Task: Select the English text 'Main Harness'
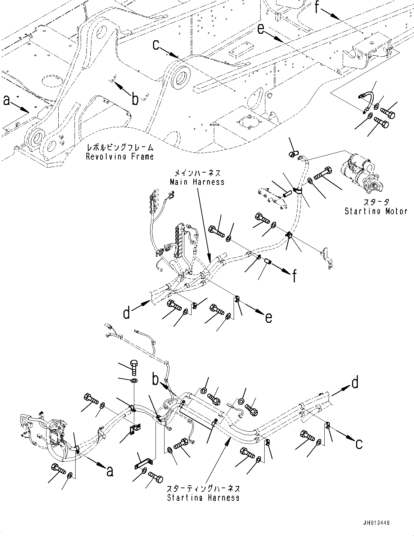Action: pos(197,182)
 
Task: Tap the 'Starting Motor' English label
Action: pos(376,211)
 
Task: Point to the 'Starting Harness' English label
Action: pos(203,498)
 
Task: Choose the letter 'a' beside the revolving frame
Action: pos(7,101)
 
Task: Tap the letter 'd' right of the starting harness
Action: pos(355,383)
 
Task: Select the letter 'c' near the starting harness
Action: pos(359,444)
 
